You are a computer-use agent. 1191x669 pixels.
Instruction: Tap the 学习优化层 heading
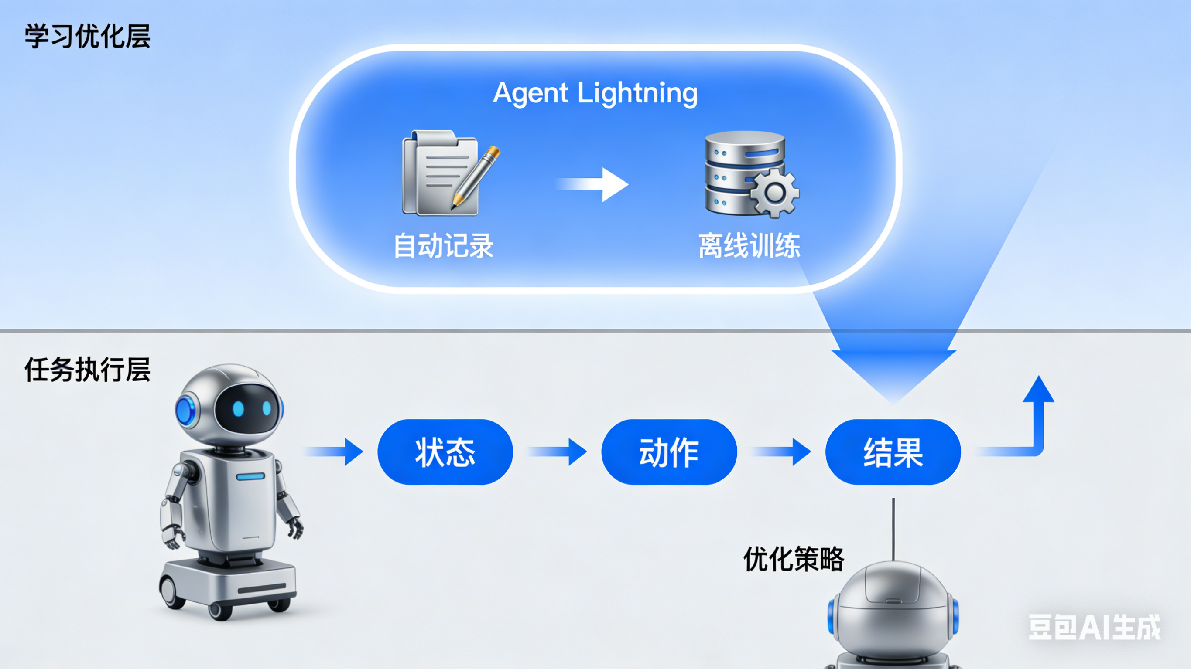tap(87, 37)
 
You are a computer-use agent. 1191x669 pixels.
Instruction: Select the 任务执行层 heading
tap(87, 370)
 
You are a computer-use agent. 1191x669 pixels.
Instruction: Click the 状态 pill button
tap(445, 452)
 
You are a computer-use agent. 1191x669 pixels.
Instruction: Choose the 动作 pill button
tap(668, 452)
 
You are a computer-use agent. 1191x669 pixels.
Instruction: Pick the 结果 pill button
tap(893, 452)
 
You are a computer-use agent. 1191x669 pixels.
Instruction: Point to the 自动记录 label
tap(443, 245)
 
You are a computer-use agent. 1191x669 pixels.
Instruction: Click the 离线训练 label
tap(749, 245)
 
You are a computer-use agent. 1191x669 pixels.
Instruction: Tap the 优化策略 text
tap(794, 559)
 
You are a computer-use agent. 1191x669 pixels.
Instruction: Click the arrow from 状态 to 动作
tap(558, 452)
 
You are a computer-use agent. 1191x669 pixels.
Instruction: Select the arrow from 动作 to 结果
tap(781, 452)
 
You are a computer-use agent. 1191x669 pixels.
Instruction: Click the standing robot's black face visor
tap(248, 408)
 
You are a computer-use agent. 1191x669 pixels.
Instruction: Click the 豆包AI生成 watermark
tap(1094, 627)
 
